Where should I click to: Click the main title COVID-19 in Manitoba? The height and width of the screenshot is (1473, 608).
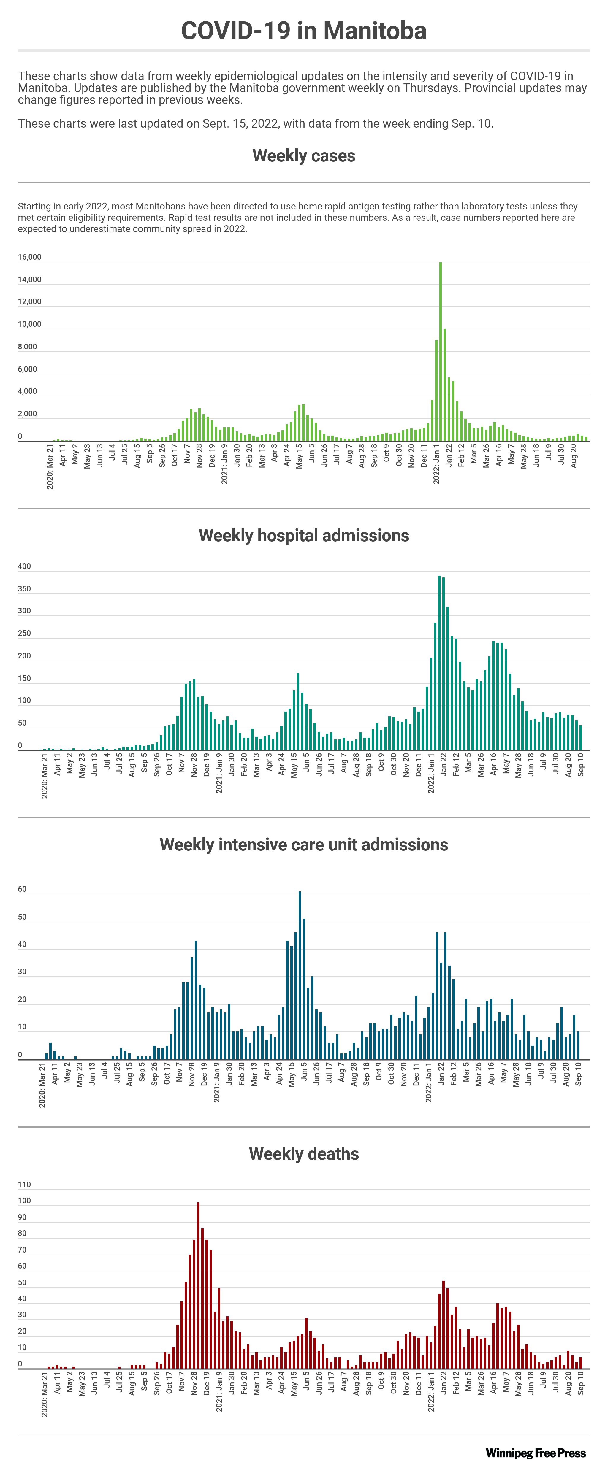pyautogui.click(x=304, y=31)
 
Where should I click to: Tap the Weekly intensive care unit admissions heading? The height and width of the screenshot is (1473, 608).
pyautogui.click(x=304, y=845)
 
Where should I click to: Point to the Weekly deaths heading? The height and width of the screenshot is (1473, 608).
pyautogui.click(x=304, y=1154)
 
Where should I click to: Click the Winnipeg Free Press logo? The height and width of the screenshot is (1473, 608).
pyautogui.click(x=535, y=1453)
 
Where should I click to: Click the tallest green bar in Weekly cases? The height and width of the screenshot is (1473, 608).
pyautogui.click(x=440, y=352)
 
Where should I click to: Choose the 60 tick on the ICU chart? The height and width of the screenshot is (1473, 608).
pyautogui.click(x=22, y=889)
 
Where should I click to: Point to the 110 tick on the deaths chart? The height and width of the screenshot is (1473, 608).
pyautogui.click(x=25, y=1184)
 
